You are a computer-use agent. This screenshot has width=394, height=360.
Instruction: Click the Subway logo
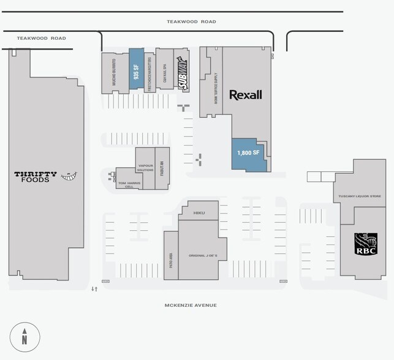(x=182, y=73)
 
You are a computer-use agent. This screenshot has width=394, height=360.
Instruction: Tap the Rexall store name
(x=245, y=95)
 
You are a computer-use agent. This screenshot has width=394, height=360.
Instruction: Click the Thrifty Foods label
(x=36, y=177)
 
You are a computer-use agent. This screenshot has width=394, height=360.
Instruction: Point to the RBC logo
(x=367, y=244)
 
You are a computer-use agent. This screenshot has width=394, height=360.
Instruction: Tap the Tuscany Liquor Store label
(x=360, y=197)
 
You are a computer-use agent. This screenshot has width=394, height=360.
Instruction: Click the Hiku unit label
(x=198, y=213)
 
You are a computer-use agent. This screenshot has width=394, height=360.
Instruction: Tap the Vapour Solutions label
(x=145, y=167)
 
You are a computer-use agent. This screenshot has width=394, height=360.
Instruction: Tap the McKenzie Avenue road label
(x=191, y=305)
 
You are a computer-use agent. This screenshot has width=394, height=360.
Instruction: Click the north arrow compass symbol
(x=25, y=336)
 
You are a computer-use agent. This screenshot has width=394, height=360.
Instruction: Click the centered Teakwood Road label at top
(x=191, y=21)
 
